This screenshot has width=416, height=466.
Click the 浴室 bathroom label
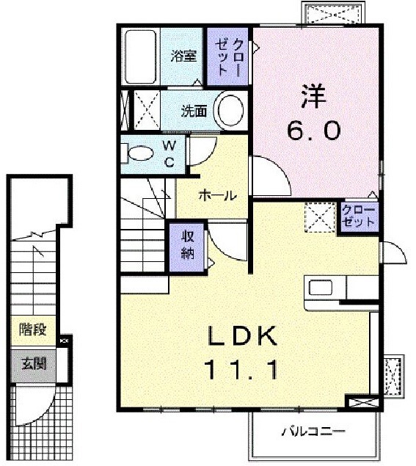(x=183, y=56)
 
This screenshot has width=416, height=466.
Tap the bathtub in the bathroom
(x=140, y=57)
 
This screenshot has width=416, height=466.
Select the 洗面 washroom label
(x=194, y=111)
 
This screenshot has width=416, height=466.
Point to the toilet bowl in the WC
(x=139, y=153)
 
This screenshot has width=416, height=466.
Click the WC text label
(x=169, y=154)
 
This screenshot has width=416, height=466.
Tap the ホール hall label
(x=217, y=196)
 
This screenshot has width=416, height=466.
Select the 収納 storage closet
(x=187, y=247)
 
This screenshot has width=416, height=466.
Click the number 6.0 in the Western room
(x=313, y=131)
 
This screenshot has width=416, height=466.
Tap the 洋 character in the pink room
(x=313, y=96)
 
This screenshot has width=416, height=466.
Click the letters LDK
(x=243, y=336)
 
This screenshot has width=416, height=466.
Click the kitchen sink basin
(x=321, y=288)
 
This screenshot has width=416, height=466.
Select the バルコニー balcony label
(x=313, y=432)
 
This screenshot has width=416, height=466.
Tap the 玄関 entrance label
(x=34, y=363)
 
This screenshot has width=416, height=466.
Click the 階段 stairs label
(x=33, y=330)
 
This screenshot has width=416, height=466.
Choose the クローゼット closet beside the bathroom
(x=227, y=57)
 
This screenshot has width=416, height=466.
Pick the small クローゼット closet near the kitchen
(x=360, y=217)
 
